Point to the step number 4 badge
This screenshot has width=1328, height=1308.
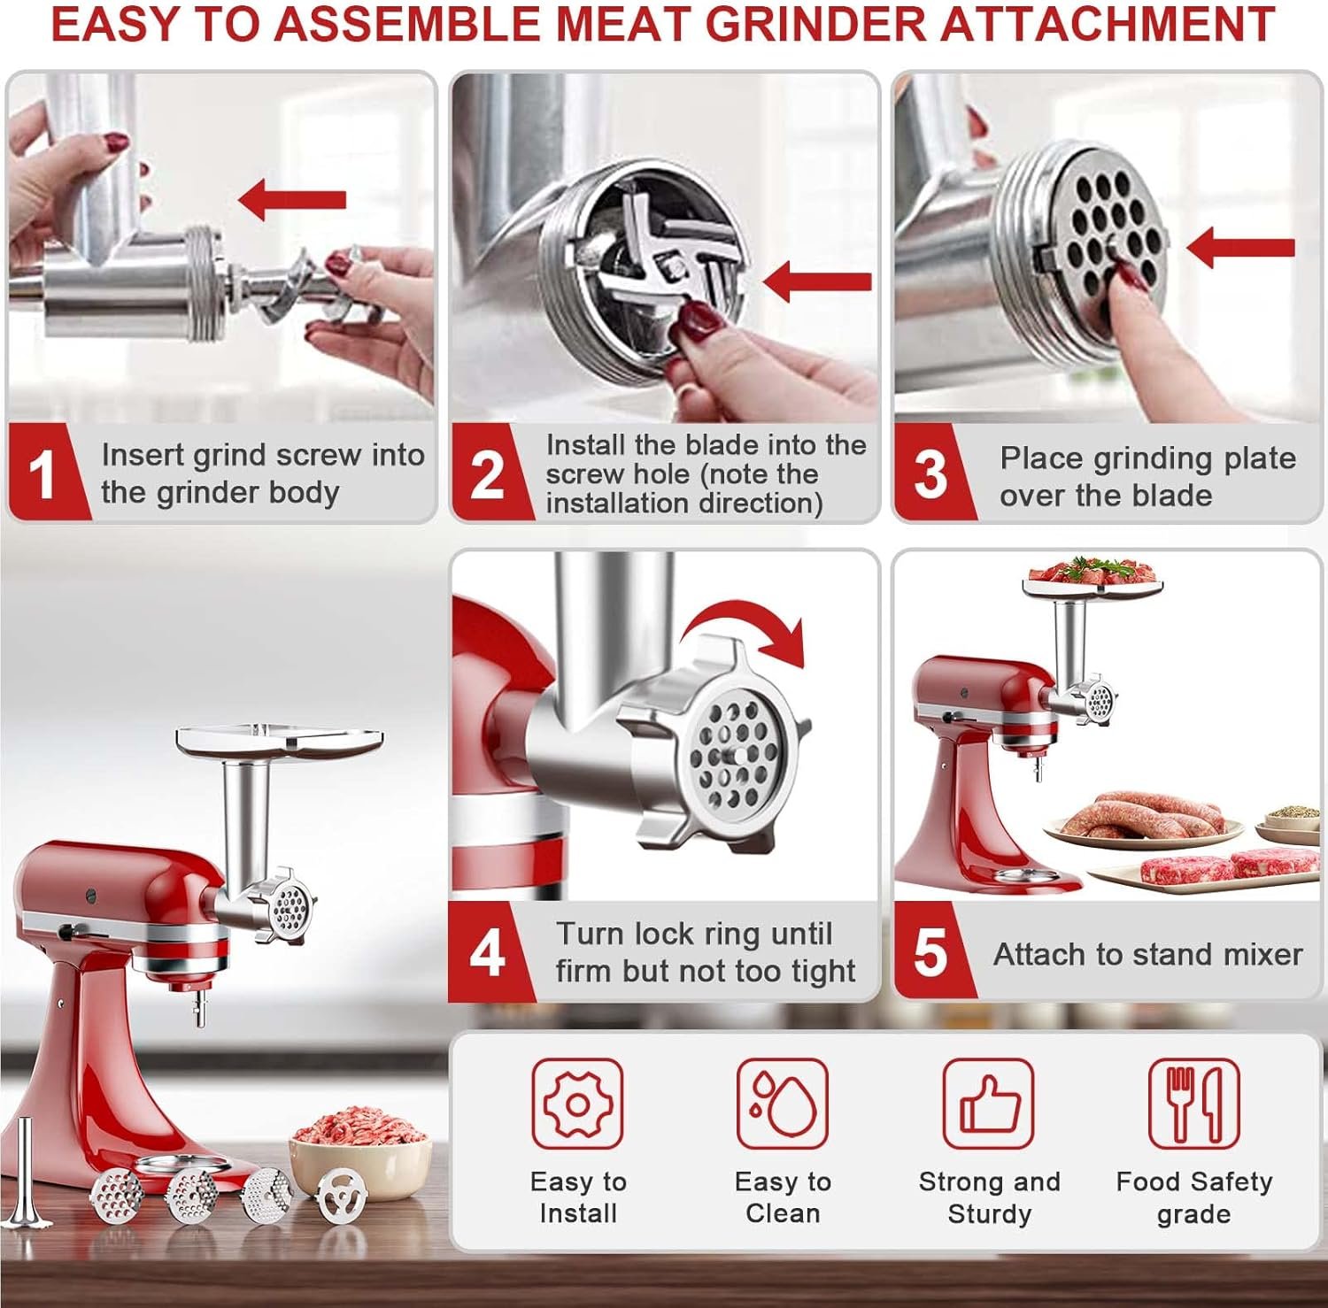click(x=486, y=953)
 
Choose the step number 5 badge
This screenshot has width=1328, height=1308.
click(x=930, y=953)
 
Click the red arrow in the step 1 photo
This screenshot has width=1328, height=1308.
click(x=292, y=199)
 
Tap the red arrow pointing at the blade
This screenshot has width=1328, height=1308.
click(x=816, y=281)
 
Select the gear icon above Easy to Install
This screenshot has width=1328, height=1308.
click(x=577, y=1104)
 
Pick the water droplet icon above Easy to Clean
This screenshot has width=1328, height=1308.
click(x=783, y=1104)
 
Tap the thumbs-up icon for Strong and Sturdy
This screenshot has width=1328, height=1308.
click(x=988, y=1104)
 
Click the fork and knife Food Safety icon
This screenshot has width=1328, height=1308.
click(x=1193, y=1104)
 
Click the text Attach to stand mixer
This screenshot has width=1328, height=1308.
click(x=1147, y=954)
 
